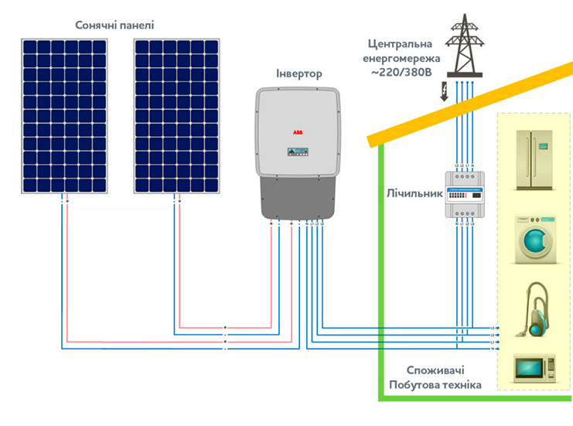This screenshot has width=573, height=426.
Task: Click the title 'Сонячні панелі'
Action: click(x=114, y=25)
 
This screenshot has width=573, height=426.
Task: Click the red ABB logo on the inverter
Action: click(x=298, y=132)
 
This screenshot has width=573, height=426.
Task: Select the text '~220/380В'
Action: click(x=401, y=73)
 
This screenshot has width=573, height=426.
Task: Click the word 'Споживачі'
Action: click(x=435, y=370)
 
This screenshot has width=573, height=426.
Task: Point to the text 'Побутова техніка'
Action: click(x=435, y=385)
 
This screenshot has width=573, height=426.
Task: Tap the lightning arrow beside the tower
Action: click(x=445, y=93)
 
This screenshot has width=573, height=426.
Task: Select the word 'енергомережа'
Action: click(x=401, y=57)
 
